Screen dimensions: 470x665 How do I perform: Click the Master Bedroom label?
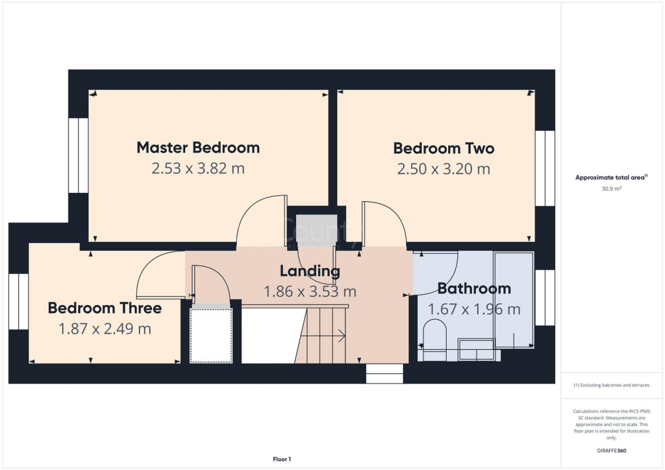click(x=198, y=147)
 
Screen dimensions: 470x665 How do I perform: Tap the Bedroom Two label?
click(x=444, y=148)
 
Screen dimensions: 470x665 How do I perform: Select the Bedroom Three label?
click(x=105, y=308)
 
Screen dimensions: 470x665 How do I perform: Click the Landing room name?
click(x=310, y=271)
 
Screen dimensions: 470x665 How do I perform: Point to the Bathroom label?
click(x=473, y=288)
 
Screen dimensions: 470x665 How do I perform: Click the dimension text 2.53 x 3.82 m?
click(x=198, y=169)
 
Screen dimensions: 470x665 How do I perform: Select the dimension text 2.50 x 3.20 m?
click(x=444, y=169)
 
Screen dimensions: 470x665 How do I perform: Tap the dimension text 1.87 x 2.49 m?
click(x=105, y=329)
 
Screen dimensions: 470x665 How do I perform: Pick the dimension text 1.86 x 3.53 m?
click(x=310, y=292)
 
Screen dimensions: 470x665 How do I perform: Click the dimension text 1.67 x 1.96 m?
click(x=473, y=310)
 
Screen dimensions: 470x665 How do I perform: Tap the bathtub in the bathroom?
click(x=514, y=299)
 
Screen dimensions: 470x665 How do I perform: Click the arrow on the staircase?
click(x=340, y=336)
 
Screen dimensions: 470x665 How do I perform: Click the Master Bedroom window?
click(x=78, y=155)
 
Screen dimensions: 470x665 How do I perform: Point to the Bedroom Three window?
click(x=19, y=301)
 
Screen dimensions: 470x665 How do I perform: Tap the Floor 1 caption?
click(x=281, y=459)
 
